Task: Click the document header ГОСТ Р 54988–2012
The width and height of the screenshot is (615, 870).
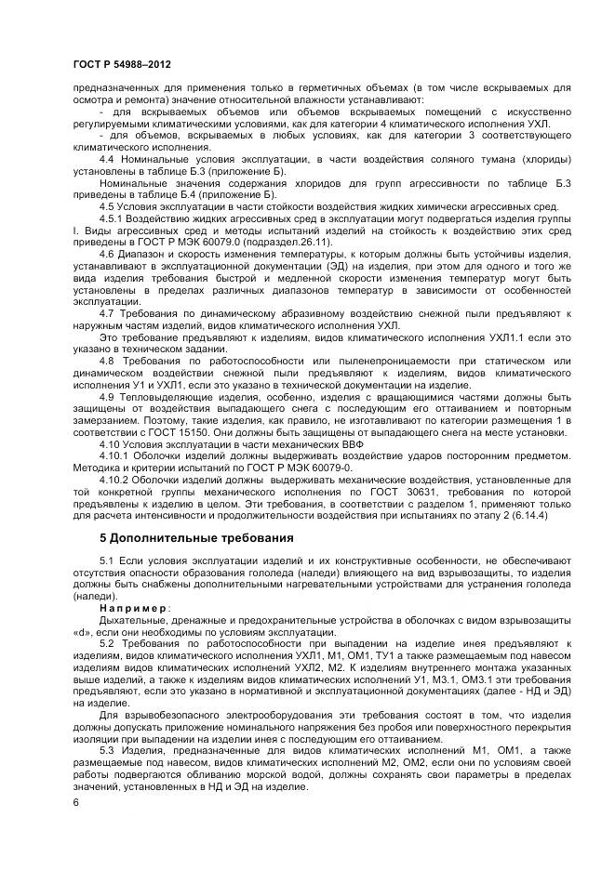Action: click(121, 64)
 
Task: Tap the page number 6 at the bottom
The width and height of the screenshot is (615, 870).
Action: click(75, 800)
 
